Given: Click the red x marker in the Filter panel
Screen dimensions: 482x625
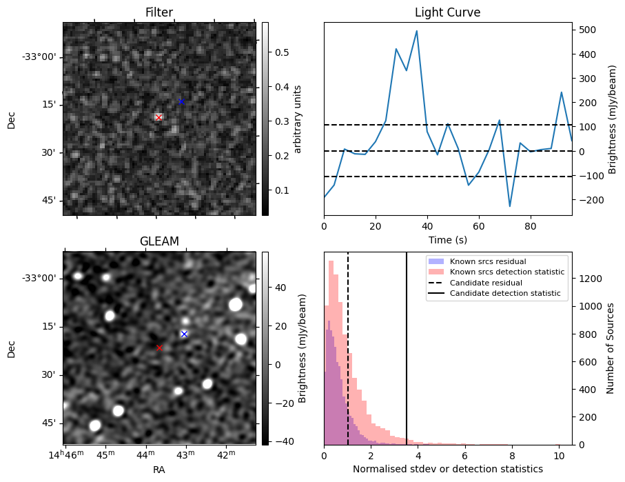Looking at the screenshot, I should coord(158,117).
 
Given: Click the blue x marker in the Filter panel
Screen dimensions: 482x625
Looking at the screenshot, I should coord(181,101).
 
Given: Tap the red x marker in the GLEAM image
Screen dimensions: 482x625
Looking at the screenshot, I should coord(159,348).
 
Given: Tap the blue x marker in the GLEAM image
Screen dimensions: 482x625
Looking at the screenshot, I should coord(184,334).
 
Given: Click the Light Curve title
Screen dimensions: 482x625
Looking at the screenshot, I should coord(447,12).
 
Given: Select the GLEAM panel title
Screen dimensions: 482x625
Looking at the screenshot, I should coord(159,241).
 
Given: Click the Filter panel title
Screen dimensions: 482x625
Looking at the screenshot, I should coord(159,12).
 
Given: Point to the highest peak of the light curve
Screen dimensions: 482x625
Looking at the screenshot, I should coord(417,31).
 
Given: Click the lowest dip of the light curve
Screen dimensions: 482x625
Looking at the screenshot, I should coord(510,206).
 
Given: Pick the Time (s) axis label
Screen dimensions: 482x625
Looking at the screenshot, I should coord(447,239).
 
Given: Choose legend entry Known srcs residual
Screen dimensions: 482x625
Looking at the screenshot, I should coord(488,261).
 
